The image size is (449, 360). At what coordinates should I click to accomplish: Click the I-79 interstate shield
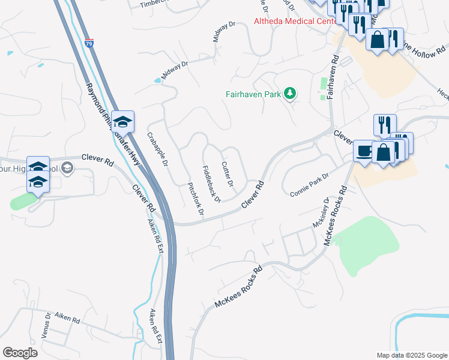click(x=89, y=44)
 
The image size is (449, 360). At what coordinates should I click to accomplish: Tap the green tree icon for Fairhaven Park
click(x=290, y=93)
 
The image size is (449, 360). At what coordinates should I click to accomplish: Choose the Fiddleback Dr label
click(x=211, y=183)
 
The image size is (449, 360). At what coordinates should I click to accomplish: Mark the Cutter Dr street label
click(x=227, y=173)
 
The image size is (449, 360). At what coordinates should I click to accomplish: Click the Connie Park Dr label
click(x=310, y=185)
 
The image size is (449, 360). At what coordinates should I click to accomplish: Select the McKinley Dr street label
click(x=321, y=213)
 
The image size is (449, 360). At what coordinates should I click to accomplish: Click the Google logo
click(x=20, y=353)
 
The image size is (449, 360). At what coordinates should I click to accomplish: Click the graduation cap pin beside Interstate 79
click(x=123, y=122)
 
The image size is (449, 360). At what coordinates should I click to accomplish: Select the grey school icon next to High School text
click(x=67, y=168)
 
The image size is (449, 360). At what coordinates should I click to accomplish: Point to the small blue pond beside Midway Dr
click(x=157, y=80)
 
